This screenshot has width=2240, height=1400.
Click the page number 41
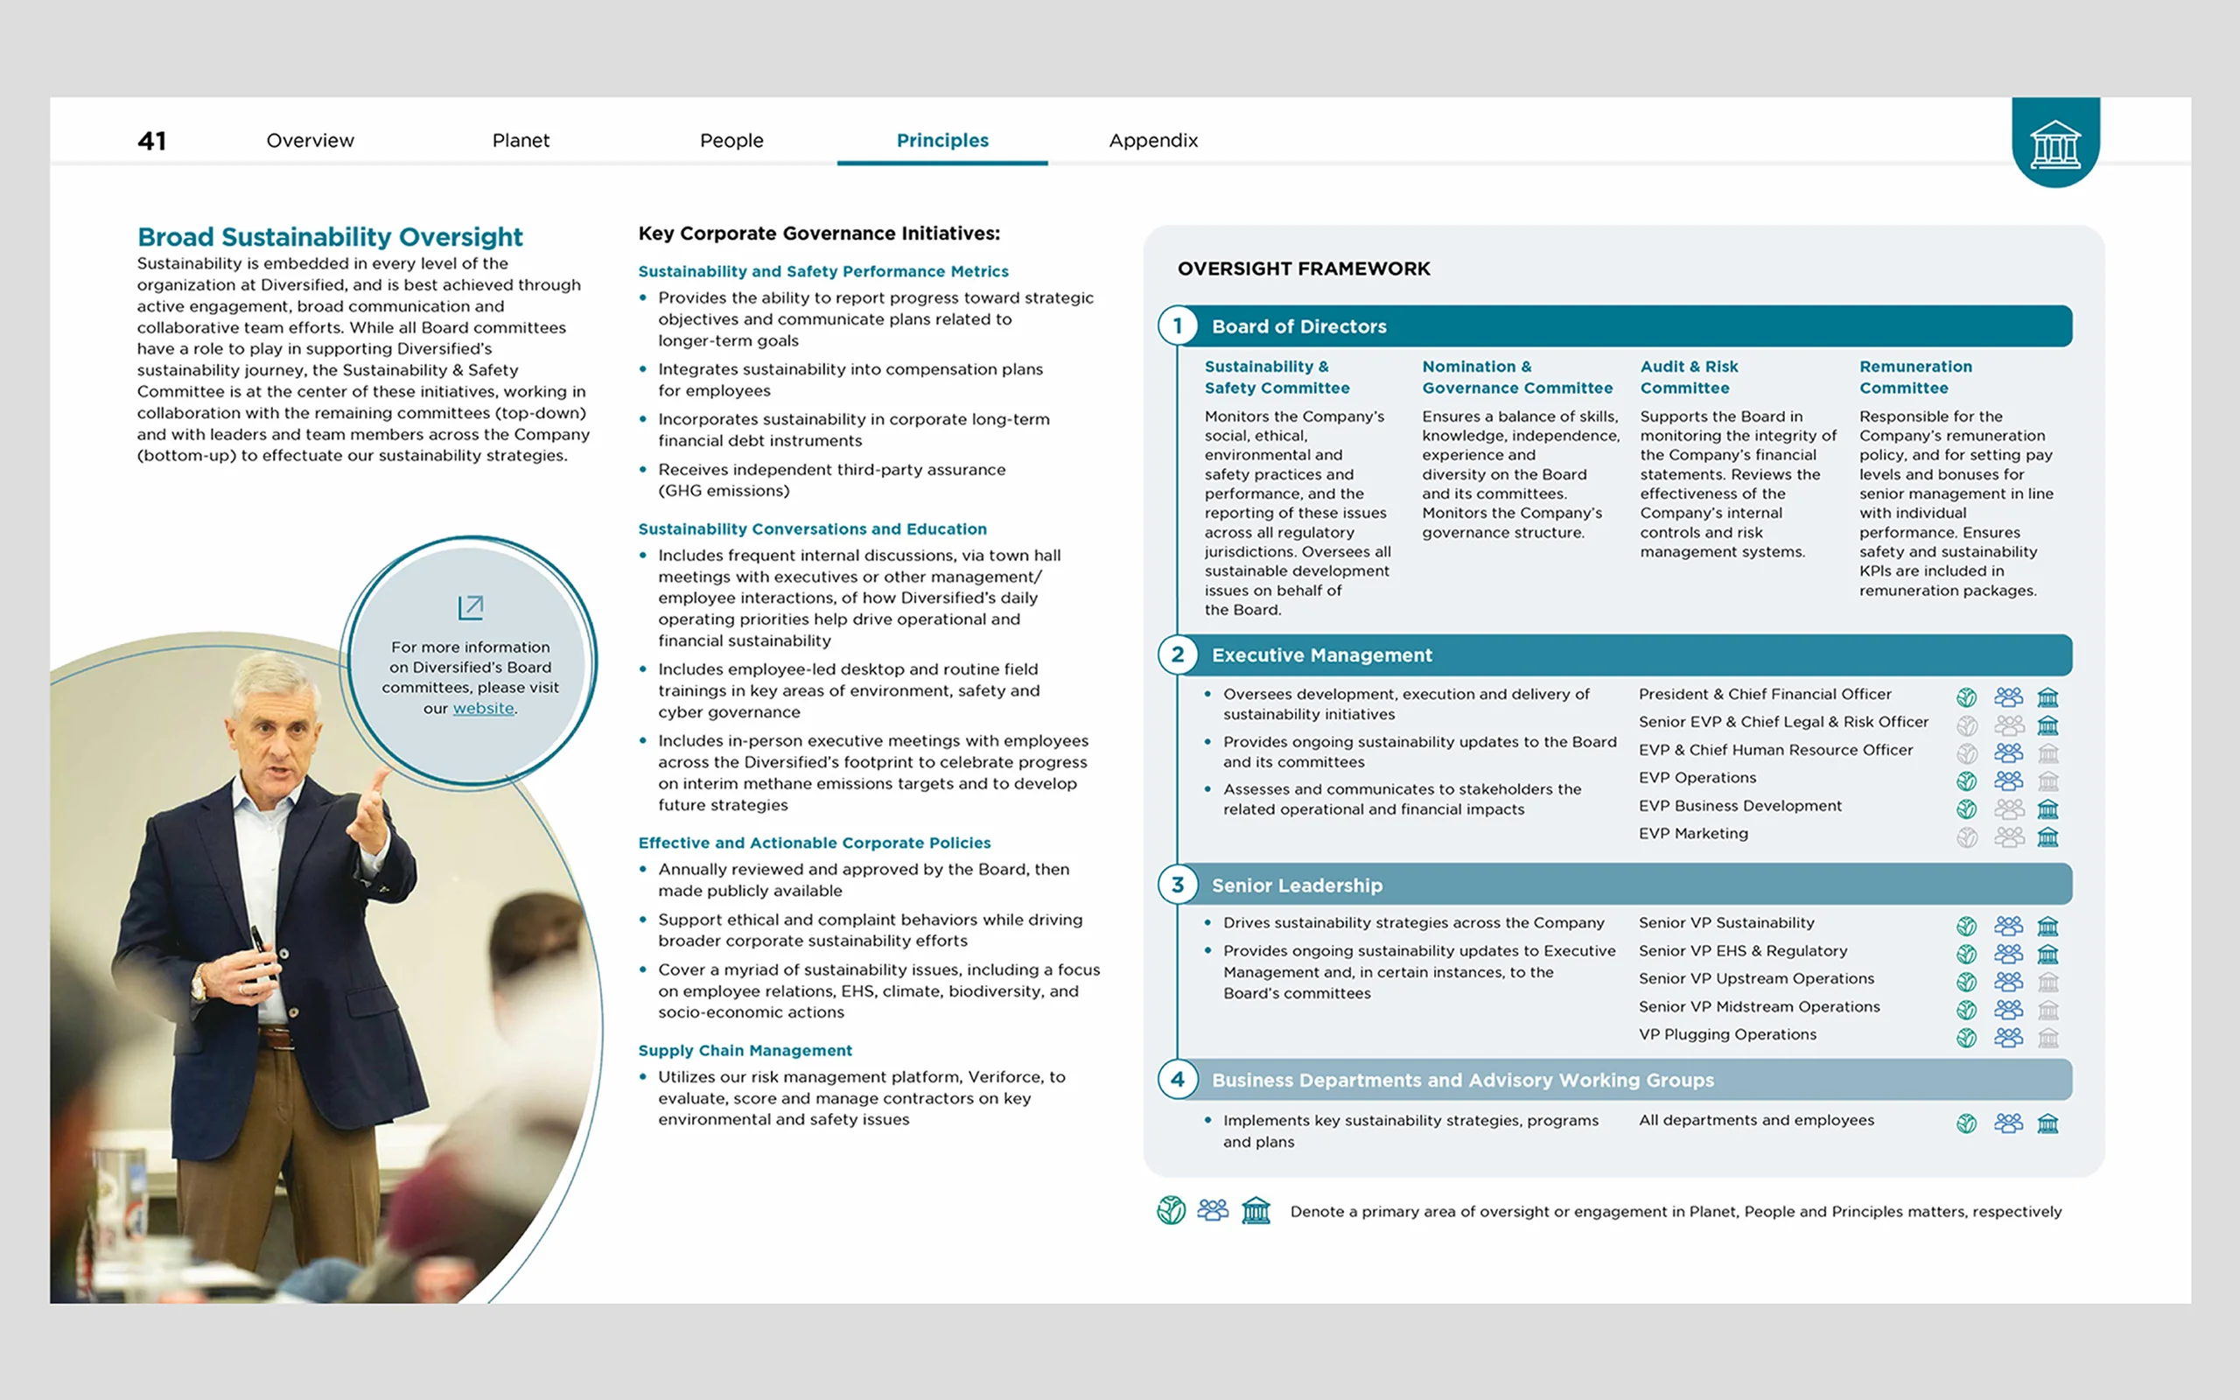coord(151,141)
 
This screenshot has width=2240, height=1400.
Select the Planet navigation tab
coord(521,141)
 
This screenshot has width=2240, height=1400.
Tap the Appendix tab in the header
coord(1152,141)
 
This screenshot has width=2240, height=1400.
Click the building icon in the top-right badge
coord(2054,144)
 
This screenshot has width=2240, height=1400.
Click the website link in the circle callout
coord(483,709)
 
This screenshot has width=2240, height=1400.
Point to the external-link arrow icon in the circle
coord(470,607)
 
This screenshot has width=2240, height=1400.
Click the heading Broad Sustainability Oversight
coord(330,237)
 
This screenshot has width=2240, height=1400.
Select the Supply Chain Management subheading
coord(745,1050)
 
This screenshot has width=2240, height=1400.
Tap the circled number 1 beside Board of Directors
coord(1178,325)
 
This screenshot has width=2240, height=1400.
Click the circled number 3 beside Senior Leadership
coord(1178,885)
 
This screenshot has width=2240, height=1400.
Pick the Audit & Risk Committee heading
coord(1689,377)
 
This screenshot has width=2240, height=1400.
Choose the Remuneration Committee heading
coord(1915,377)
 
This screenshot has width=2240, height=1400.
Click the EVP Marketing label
coord(1693,833)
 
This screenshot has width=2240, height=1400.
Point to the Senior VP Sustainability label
coord(1726,923)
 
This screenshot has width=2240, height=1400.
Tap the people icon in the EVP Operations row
coord(2007,780)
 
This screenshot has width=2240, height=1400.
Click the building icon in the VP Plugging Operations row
coord(2047,1038)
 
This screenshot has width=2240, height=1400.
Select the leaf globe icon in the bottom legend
coord(1171,1210)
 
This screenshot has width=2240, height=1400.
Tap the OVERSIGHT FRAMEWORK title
coord(1303,269)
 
